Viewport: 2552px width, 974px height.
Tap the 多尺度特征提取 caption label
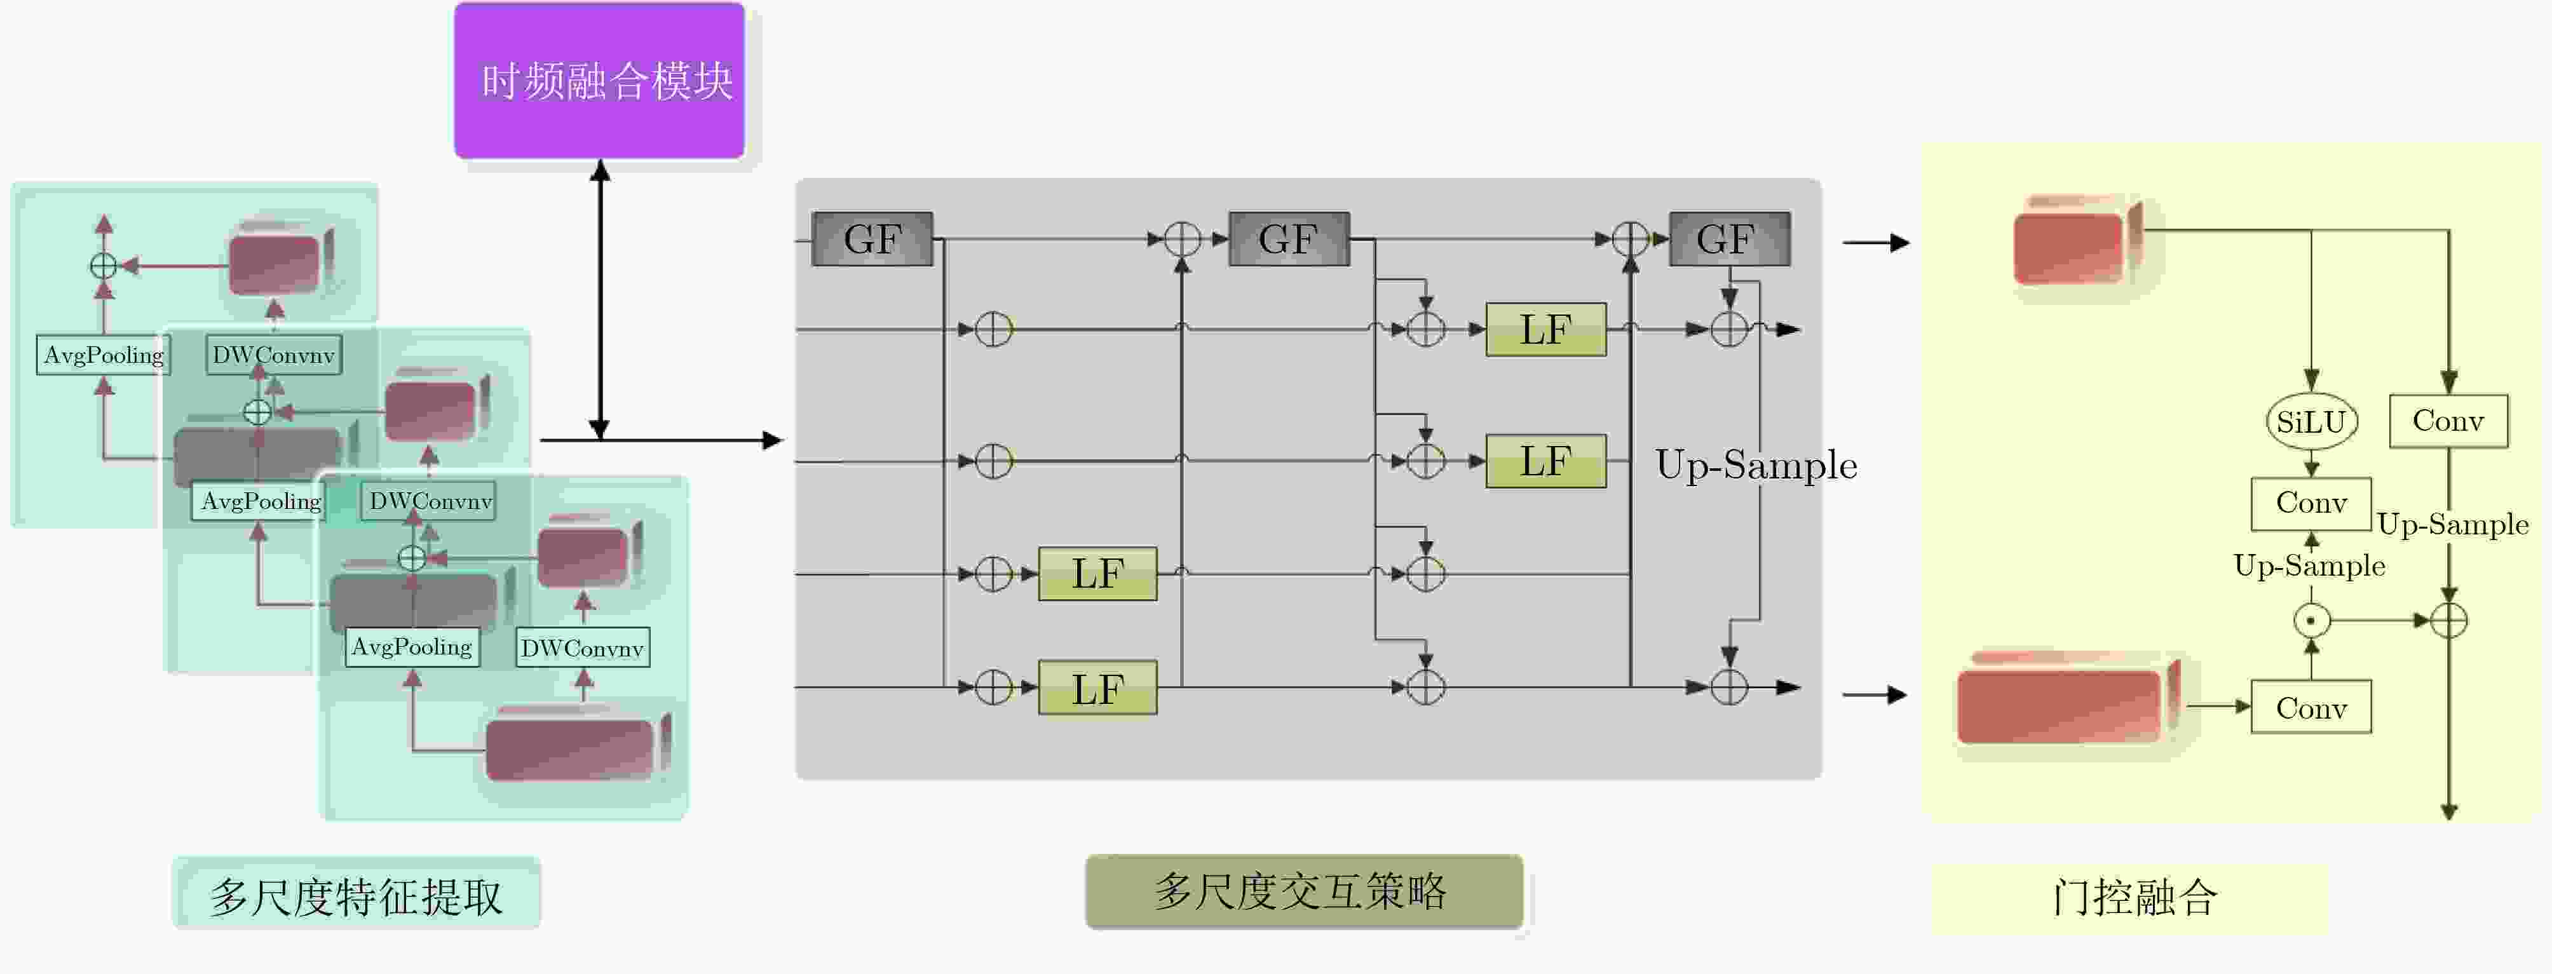(356, 894)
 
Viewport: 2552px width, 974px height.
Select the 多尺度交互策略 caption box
(1304, 892)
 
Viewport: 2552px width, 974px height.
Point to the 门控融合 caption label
(2131, 896)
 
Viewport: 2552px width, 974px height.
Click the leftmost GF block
(872, 239)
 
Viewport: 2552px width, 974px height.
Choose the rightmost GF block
(1728, 239)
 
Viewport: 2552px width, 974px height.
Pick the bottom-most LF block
(1097, 687)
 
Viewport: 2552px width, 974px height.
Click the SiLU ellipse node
(2311, 422)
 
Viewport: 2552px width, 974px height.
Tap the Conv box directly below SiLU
(2311, 503)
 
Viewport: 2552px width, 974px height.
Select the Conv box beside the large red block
(2311, 707)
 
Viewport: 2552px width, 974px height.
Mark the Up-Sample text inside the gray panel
(1756, 464)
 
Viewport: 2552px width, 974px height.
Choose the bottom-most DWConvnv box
(583, 648)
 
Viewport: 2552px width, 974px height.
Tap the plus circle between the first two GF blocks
(1182, 239)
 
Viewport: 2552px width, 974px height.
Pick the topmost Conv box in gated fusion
(2448, 421)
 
